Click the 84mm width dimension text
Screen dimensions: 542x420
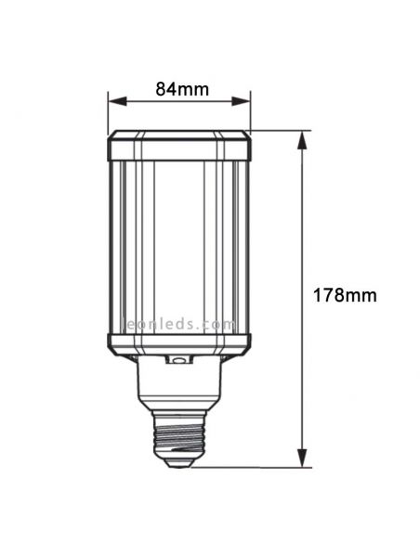point(180,89)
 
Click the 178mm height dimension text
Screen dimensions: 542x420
point(346,295)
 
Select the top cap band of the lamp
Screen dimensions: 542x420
point(179,147)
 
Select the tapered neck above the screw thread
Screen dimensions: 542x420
point(179,390)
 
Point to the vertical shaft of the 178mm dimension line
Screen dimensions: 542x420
point(300,232)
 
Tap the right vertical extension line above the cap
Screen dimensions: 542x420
point(251,111)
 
